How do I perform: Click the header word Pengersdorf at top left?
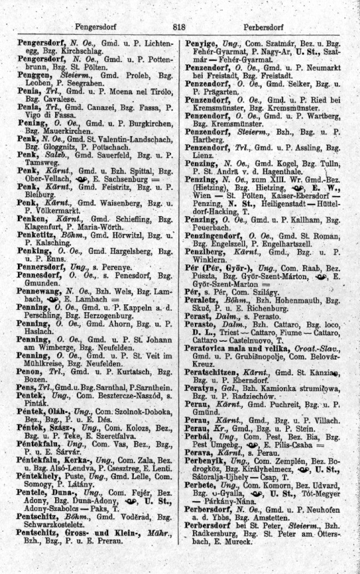pyautogui.click(x=95, y=26)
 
